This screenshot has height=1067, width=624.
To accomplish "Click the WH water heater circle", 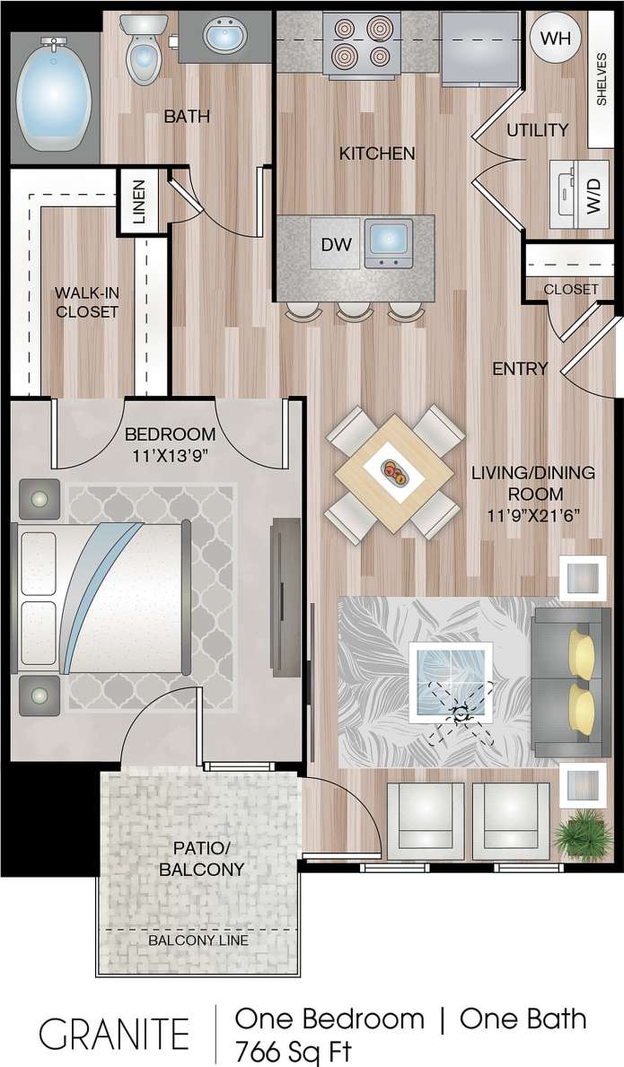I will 556,38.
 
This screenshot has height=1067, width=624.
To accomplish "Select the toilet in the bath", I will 142,54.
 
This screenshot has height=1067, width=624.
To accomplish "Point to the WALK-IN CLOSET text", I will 86,302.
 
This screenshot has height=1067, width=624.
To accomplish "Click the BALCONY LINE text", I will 198,940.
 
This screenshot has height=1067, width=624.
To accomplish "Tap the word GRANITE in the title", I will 114,1033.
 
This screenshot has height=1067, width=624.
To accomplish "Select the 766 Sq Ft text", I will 293,1050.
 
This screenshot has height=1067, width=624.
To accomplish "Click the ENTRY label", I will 520,368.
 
